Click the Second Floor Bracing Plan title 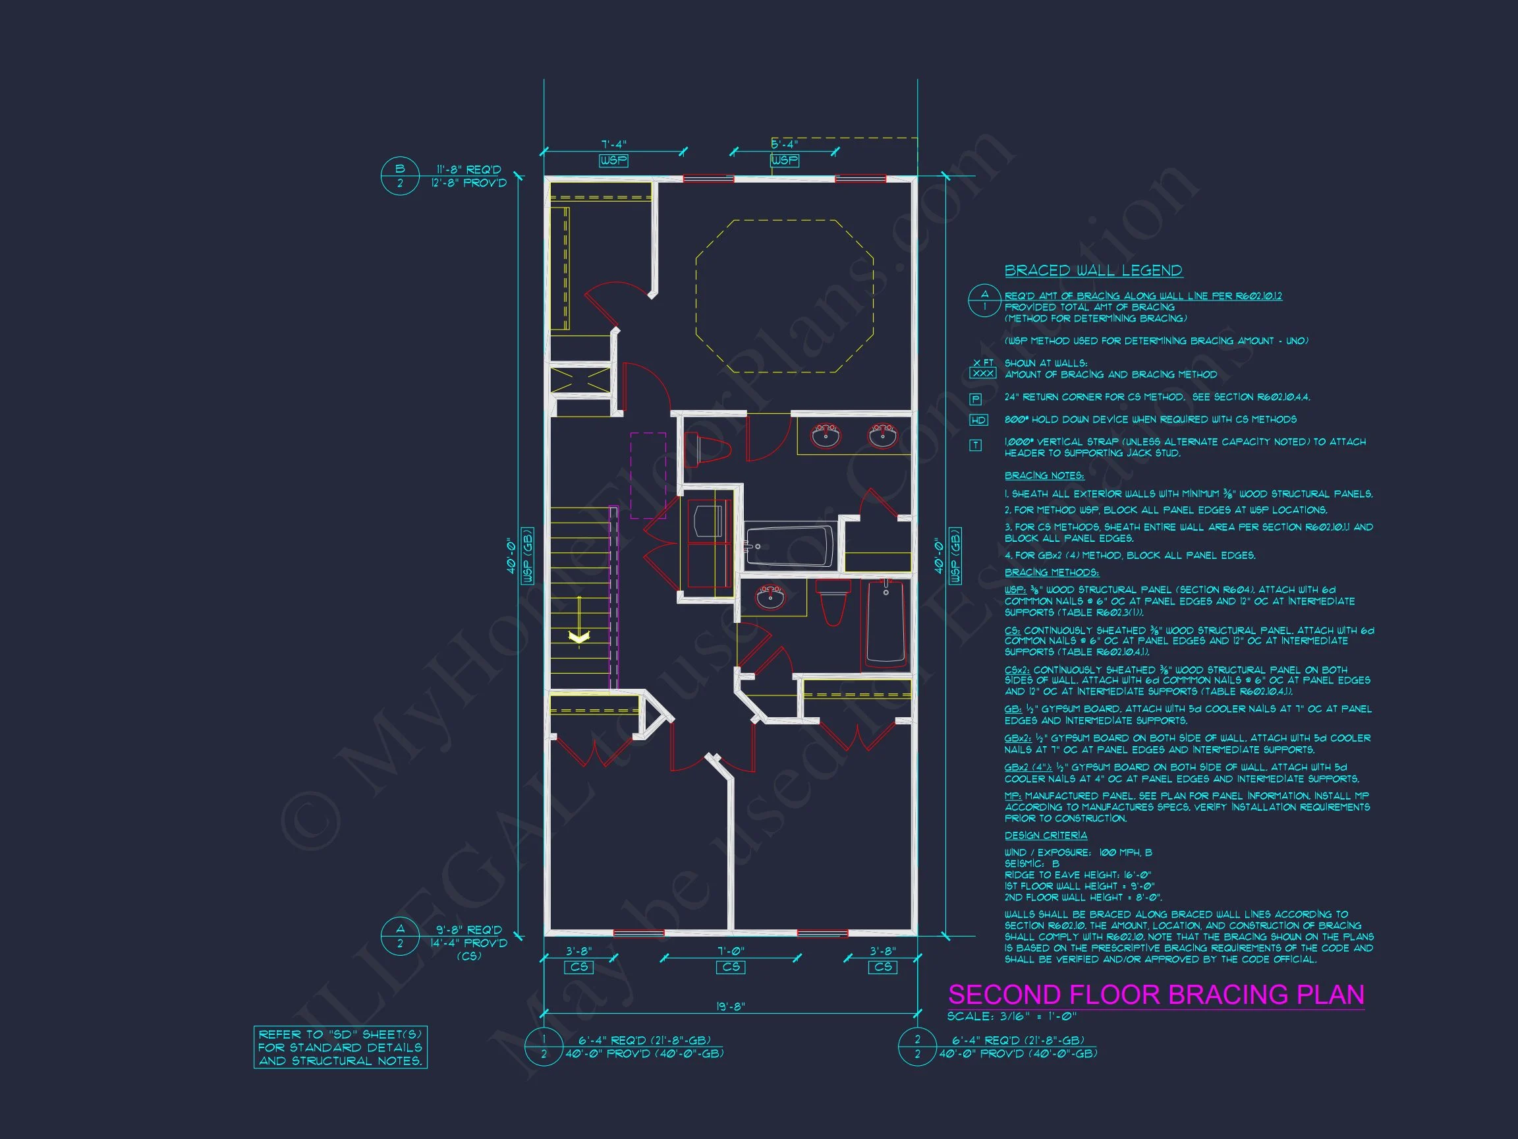[x=1156, y=995]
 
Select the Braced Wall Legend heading [x=1093, y=270]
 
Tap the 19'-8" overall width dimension [x=730, y=1007]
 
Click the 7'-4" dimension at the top [x=613, y=145]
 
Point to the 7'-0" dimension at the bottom [x=730, y=951]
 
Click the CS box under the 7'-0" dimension [x=731, y=967]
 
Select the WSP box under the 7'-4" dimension [x=613, y=160]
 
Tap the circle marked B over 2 [x=400, y=177]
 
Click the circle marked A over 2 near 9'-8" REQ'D [x=400, y=936]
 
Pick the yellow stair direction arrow [x=579, y=637]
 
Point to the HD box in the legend [x=978, y=420]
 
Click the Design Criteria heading [x=1045, y=836]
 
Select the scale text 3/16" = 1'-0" [x=1011, y=1016]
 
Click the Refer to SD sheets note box [x=341, y=1047]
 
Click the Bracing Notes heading [x=1044, y=476]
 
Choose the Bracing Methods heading [x=1052, y=573]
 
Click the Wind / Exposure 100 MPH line [x=1078, y=853]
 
